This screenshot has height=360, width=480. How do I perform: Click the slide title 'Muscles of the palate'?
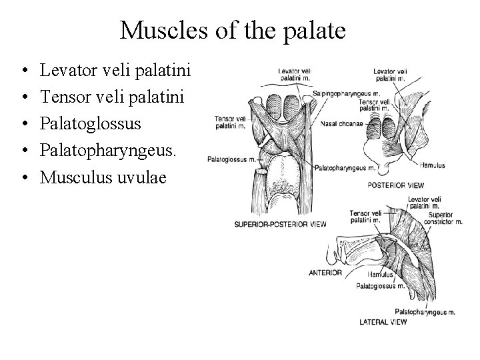[233, 30]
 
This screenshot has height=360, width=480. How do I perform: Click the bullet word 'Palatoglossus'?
[91, 123]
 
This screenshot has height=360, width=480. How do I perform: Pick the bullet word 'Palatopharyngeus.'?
[109, 151]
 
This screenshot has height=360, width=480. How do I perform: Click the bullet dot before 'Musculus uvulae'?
[23, 178]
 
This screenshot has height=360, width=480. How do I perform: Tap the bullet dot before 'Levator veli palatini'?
[23, 69]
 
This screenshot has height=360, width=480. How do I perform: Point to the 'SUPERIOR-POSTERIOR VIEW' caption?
[280, 224]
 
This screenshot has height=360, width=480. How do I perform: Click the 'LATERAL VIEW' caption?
[383, 321]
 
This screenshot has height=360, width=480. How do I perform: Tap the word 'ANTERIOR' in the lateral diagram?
[326, 272]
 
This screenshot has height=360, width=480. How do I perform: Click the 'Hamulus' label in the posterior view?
[433, 165]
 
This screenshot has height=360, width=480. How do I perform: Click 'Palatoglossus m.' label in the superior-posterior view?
[231, 159]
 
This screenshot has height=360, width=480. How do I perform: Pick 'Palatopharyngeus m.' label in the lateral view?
[425, 311]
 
